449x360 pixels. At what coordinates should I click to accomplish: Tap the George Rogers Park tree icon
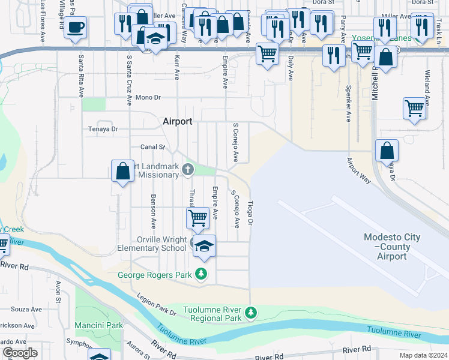pyautogui.click(x=201, y=275)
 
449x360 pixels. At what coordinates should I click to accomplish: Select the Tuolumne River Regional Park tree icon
pyautogui.click(x=251, y=313)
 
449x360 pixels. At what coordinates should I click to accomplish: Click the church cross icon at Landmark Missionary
pyautogui.click(x=188, y=169)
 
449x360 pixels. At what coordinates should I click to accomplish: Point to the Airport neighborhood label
pyautogui.click(x=177, y=121)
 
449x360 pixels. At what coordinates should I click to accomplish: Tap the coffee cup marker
pyautogui.click(x=76, y=27)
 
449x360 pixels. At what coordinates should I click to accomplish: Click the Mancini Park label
pyautogui.click(x=99, y=325)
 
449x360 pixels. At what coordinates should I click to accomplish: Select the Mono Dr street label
pyautogui.click(x=148, y=97)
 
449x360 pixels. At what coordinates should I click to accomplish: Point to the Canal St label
pyautogui.click(x=152, y=146)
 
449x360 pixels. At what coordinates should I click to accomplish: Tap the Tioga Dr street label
pyautogui.click(x=252, y=214)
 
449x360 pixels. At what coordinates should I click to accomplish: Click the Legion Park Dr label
pyautogui.click(x=155, y=305)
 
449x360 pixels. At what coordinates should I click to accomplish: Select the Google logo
pyautogui.click(x=20, y=353)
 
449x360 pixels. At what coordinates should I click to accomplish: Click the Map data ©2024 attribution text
pyautogui.click(x=423, y=355)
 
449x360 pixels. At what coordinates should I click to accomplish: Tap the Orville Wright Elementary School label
pyautogui.click(x=152, y=244)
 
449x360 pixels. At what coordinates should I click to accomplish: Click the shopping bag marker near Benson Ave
pyautogui.click(x=123, y=172)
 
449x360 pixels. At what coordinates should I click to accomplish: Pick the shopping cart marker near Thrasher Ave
pyautogui.click(x=198, y=218)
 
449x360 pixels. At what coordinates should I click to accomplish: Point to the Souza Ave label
pyautogui.click(x=27, y=310)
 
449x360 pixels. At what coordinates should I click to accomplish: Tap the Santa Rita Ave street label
pyautogui.click(x=80, y=77)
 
